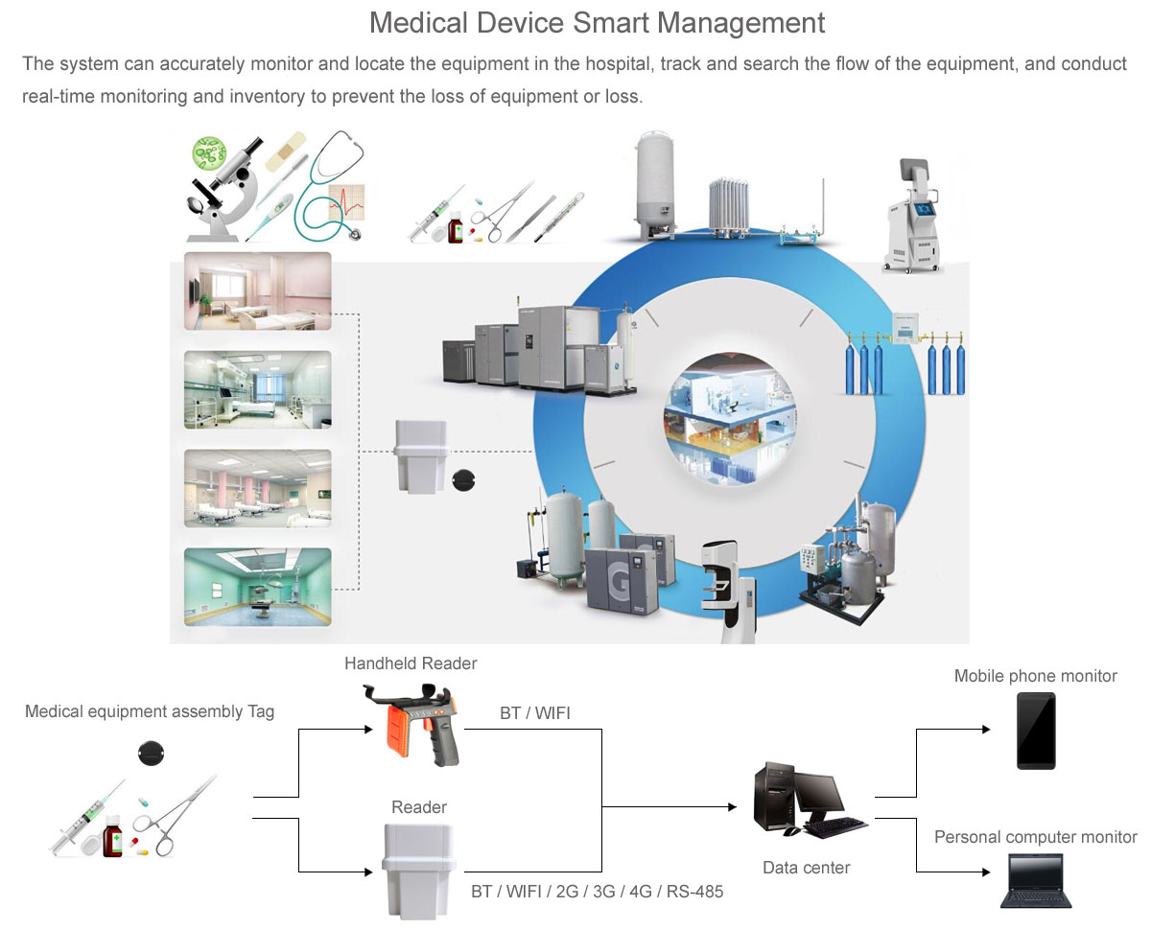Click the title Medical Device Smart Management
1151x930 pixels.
tap(597, 22)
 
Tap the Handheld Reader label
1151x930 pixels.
tap(411, 663)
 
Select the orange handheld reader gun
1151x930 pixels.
tap(411, 723)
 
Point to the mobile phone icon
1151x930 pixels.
tap(1036, 731)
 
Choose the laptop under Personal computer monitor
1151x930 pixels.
tap(1036, 881)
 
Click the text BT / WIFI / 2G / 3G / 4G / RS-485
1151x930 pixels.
tap(597, 892)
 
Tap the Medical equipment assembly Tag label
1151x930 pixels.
tap(150, 711)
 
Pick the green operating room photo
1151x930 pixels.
tap(257, 586)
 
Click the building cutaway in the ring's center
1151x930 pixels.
tap(729, 418)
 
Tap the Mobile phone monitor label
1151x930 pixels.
tap(1035, 676)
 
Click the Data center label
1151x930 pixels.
tap(806, 868)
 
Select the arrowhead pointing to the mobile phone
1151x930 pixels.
tap(985, 730)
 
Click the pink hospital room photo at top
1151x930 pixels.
tap(257, 291)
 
